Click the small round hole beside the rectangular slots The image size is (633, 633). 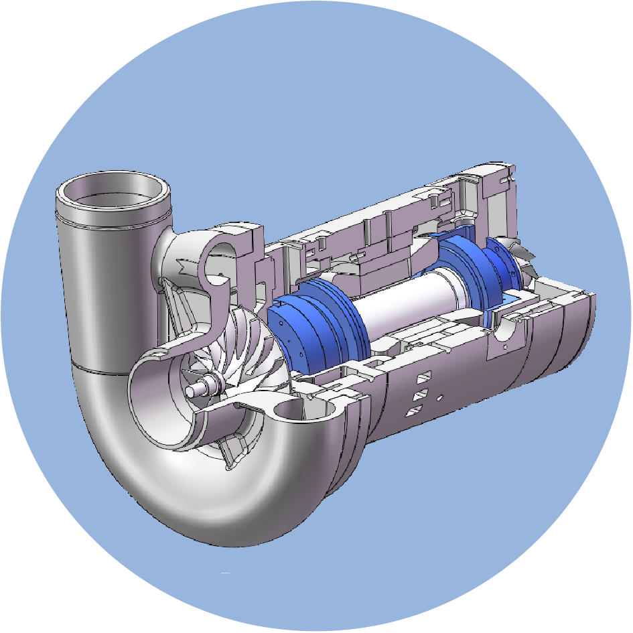440,398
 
